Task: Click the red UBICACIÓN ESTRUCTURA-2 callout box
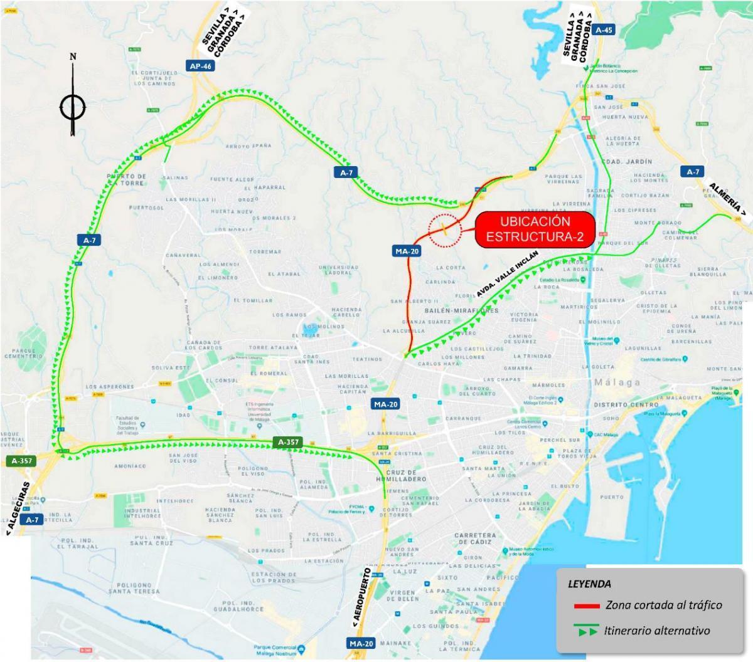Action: point(535,229)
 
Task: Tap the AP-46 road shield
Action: point(201,66)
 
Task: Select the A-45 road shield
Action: point(604,29)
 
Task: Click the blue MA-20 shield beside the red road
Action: point(407,251)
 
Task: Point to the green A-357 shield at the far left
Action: point(23,461)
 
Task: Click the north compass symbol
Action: point(73,107)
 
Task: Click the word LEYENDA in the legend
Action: point(589,584)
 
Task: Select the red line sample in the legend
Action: point(586,606)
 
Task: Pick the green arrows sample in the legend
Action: point(586,631)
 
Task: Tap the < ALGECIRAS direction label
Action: point(18,508)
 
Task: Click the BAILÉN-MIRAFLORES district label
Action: point(461,310)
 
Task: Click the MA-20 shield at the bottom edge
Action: point(361,643)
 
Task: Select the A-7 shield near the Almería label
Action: point(693,172)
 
